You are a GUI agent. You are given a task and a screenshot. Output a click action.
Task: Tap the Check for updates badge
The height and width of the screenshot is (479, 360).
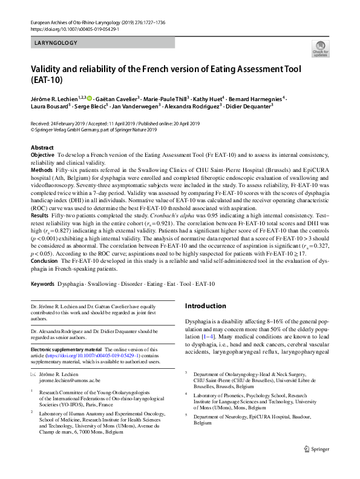(318, 49)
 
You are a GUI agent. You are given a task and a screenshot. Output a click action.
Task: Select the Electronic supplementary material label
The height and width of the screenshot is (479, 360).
(67, 349)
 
